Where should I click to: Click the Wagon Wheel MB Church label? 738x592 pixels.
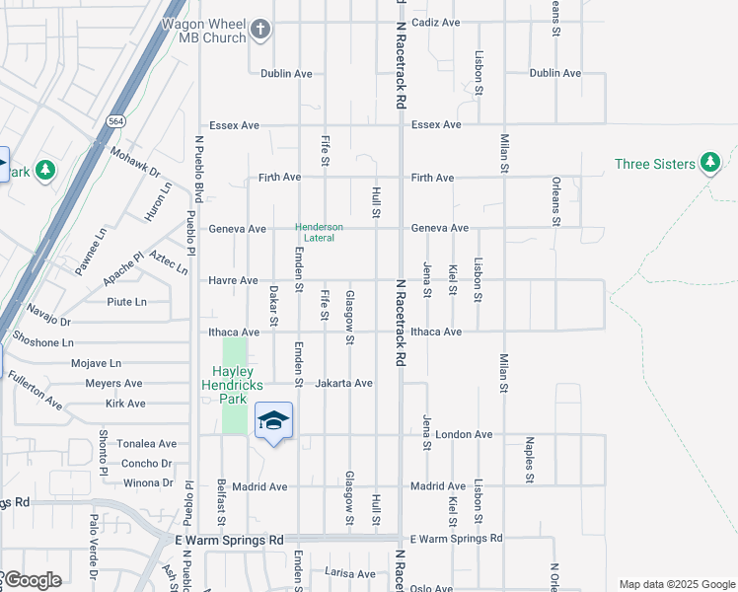pyautogui.click(x=208, y=29)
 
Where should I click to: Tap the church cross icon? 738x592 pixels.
pyautogui.click(x=260, y=29)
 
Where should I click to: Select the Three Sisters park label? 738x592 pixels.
pyautogui.click(x=654, y=164)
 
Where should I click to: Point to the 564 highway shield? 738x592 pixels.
pyautogui.click(x=115, y=120)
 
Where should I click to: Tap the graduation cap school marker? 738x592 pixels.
pyautogui.click(x=273, y=421)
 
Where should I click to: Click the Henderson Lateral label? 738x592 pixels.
pyautogui.click(x=320, y=232)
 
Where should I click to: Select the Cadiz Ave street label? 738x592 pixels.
pyautogui.click(x=436, y=22)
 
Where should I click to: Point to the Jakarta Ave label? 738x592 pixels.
pyautogui.click(x=343, y=383)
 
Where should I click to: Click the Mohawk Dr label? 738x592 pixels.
pyautogui.click(x=135, y=164)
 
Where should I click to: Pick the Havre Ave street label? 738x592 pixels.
pyautogui.click(x=233, y=280)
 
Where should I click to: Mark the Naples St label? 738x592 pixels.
pyautogui.click(x=529, y=460)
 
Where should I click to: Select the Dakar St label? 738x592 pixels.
pyautogui.click(x=274, y=307)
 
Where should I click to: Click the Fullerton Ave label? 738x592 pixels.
pyautogui.click(x=35, y=391)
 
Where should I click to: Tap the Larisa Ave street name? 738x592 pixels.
pyautogui.click(x=350, y=573)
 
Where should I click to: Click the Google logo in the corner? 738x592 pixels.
pyautogui.click(x=32, y=580)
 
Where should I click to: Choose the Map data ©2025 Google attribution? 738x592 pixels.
pyautogui.click(x=677, y=584)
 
